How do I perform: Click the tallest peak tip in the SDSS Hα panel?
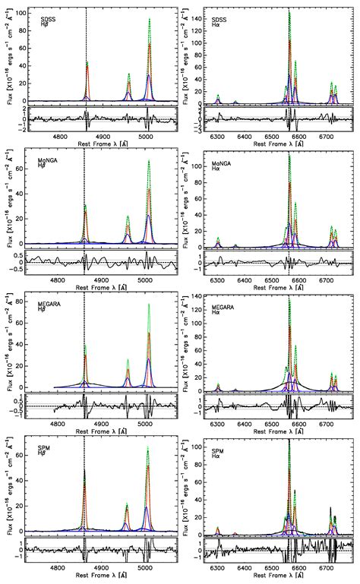tap(289, 11)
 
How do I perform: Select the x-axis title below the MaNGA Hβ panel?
tap(102, 285)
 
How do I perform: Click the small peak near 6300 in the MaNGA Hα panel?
tap(218, 238)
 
